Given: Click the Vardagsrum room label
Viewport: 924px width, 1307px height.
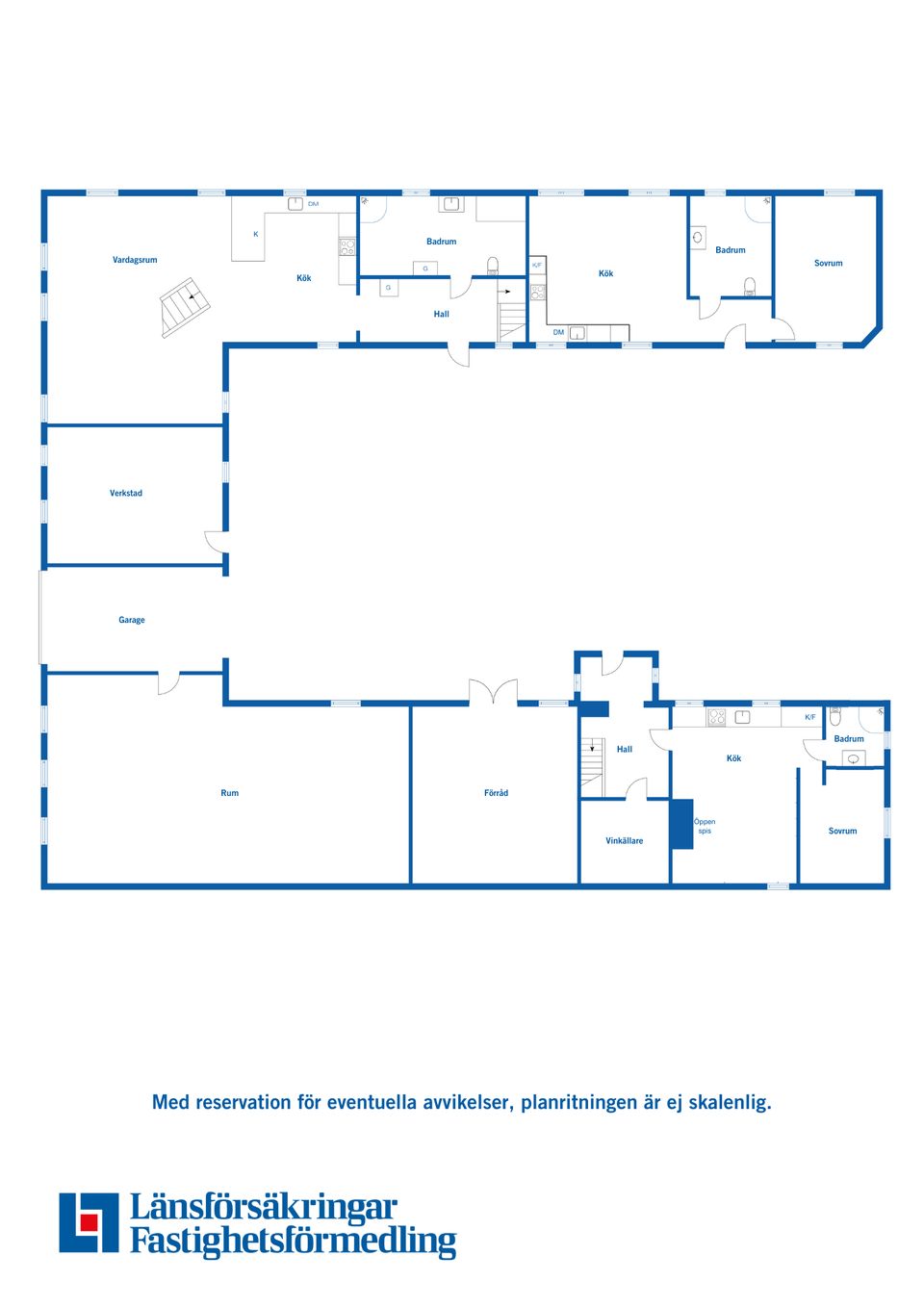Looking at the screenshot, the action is tap(135, 260).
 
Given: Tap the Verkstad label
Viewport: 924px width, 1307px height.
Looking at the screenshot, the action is tap(126, 493).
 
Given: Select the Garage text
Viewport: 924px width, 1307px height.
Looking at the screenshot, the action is tap(132, 620).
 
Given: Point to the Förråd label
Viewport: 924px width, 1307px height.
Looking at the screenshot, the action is tap(496, 792).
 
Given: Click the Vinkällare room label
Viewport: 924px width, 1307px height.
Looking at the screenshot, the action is tap(624, 841).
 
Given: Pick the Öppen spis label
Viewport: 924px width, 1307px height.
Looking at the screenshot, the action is tap(705, 826).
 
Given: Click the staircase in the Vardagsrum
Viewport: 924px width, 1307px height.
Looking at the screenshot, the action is tap(185, 307).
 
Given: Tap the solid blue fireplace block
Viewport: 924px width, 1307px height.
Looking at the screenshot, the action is tap(682, 824).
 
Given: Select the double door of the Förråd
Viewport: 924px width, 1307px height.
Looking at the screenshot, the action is tap(494, 691).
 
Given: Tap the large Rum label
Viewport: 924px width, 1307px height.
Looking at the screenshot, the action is tap(229, 792).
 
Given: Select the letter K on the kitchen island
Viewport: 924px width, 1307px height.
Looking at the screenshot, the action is tap(255, 234).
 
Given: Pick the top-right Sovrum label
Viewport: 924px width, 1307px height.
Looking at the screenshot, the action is tap(829, 263).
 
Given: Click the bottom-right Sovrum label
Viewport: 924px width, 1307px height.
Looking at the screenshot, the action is tap(842, 831).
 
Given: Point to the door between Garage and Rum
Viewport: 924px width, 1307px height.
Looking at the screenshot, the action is tap(168, 682).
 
